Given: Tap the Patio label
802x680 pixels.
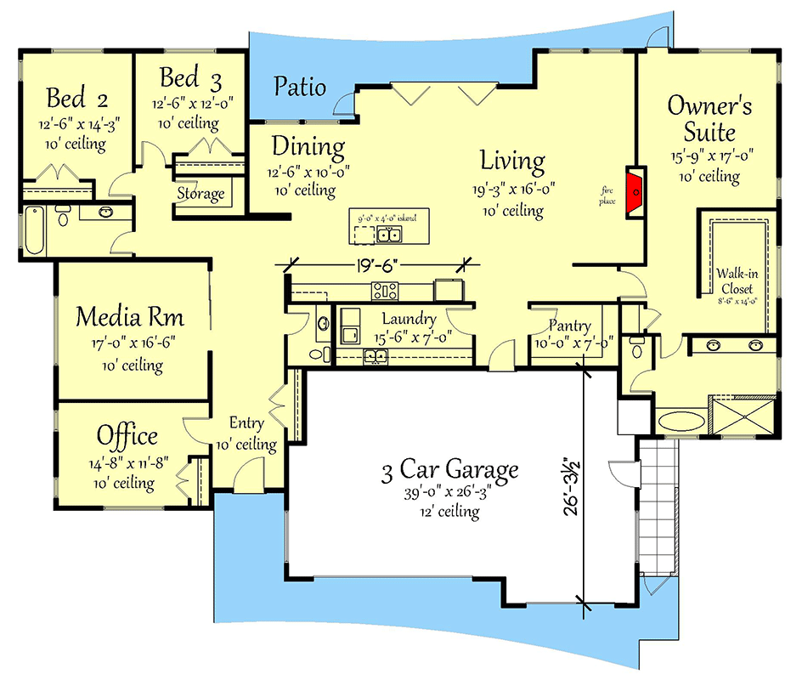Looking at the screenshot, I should click(300, 86).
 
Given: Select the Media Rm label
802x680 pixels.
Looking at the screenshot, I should click(129, 317).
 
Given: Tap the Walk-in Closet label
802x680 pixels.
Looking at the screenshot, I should click(735, 280).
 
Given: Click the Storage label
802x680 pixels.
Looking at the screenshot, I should click(200, 194).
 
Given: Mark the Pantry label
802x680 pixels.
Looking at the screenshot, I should click(569, 326).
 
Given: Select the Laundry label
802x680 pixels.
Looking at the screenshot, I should click(409, 319).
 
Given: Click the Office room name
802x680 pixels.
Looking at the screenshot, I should click(127, 436).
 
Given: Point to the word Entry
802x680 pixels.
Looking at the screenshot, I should click(247, 422).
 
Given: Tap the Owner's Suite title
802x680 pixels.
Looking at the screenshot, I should click(709, 118).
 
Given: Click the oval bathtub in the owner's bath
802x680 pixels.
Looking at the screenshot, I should click(681, 419).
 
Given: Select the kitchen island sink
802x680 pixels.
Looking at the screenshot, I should click(390, 234).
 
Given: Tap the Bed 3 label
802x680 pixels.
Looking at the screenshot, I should click(191, 79).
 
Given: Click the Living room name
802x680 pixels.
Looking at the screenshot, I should click(512, 160).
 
